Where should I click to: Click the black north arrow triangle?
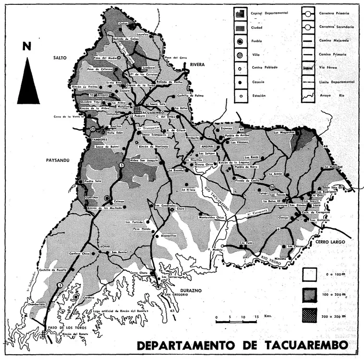(28, 82)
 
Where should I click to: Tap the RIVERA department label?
(197, 64)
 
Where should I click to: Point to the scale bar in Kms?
(237, 320)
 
